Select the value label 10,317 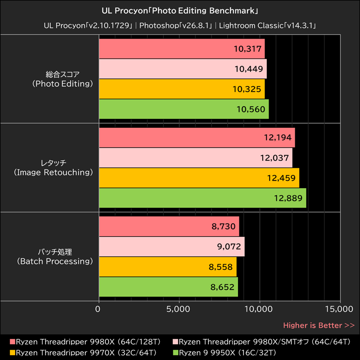[x=247, y=49]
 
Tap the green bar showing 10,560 [x=184, y=109]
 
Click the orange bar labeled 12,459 [x=199, y=178]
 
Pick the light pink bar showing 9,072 [x=171, y=247]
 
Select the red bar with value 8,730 [x=169, y=226]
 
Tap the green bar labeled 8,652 [x=168, y=287]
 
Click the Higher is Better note [x=319, y=325]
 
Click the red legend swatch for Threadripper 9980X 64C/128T [x=12, y=342]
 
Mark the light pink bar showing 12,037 [x=195, y=158]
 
